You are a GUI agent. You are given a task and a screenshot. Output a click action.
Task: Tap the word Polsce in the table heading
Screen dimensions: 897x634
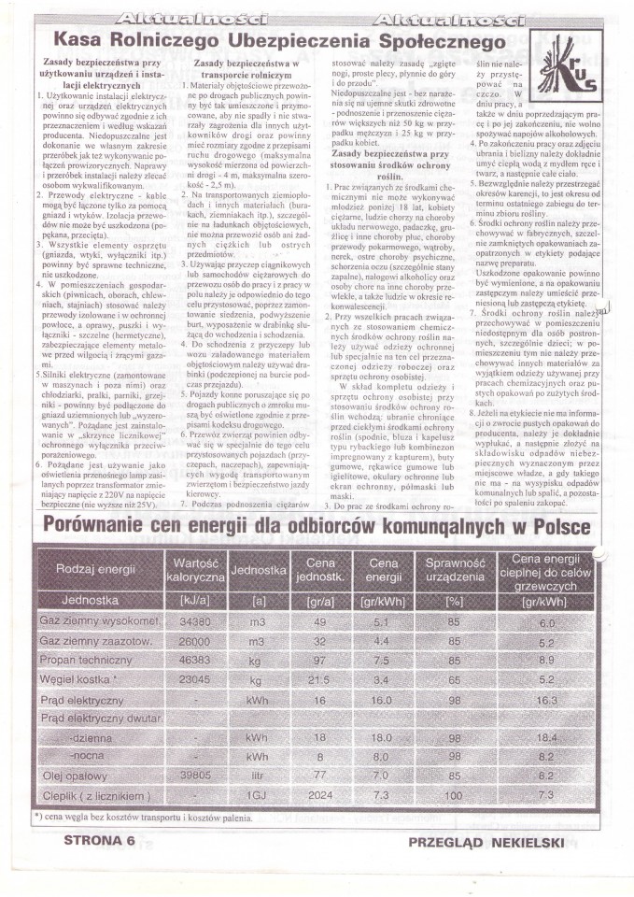pos(555,527)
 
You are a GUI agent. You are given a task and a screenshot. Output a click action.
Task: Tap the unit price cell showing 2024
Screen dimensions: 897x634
pos(319,795)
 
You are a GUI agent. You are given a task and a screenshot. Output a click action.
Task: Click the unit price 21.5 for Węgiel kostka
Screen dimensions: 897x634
pos(319,677)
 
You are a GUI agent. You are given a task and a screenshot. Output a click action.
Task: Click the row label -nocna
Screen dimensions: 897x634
pos(88,756)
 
